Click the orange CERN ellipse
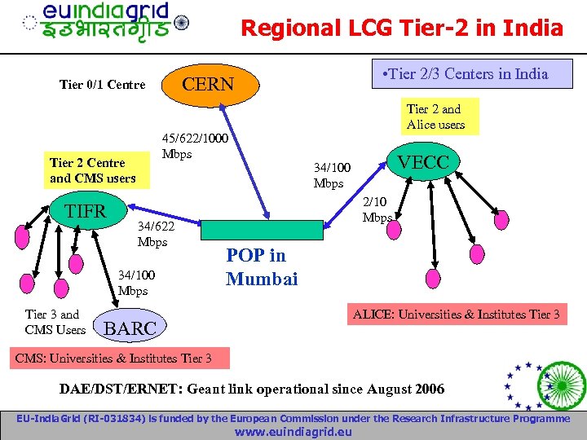[208, 84]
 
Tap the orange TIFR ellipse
[86, 211]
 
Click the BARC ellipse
[130, 329]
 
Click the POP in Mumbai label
[262, 267]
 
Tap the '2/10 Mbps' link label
[377, 209]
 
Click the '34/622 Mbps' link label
[153, 234]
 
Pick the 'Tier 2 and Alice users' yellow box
[435, 117]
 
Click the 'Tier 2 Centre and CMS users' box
[93, 170]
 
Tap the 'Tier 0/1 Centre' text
[103, 85]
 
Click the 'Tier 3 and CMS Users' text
[55, 322]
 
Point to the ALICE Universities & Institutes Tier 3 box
[456, 315]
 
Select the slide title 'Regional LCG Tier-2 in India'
[402, 29]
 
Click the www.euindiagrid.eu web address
[293, 432]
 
